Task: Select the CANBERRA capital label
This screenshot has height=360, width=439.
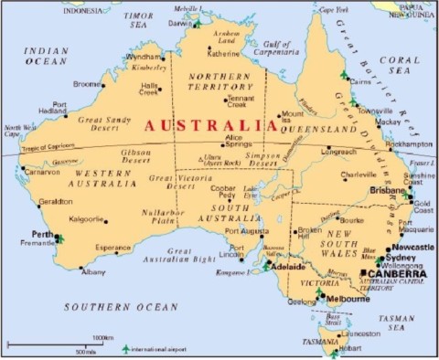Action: coord(398,273)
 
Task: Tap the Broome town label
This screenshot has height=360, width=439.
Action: coord(88,84)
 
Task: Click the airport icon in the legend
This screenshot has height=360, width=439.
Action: coord(125,348)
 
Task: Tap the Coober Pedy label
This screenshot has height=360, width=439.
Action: coord(224,194)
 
